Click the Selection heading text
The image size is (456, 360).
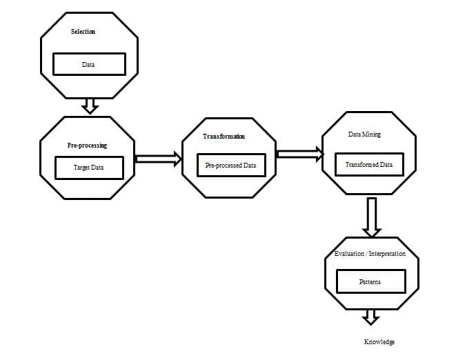[x=83, y=32]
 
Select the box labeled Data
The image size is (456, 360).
[x=89, y=64]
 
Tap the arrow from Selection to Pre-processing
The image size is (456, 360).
[x=90, y=106]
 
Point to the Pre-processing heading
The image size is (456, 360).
[x=87, y=145]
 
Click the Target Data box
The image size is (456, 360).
[x=89, y=168]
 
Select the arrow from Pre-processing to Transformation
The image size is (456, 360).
[x=159, y=159]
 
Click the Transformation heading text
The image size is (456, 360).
[x=224, y=137]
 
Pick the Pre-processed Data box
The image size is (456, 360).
[x=231, y=165]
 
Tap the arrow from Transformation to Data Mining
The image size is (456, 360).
[x=300, y=154]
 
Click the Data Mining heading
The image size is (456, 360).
[x=364, y=134]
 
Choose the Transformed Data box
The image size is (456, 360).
[x=369, y=164]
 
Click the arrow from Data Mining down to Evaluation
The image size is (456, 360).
[x=372, y=217]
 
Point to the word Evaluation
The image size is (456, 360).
[x=349, y=254]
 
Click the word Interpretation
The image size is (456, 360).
[x=387, y=254]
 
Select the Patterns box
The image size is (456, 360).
[x=370, y=281]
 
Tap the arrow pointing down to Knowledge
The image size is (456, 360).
[x=370, y=317]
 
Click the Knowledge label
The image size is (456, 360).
[x=379, y=342]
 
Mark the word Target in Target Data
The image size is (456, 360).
[x=81, y=168]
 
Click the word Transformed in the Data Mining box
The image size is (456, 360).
[x=361, y=165]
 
